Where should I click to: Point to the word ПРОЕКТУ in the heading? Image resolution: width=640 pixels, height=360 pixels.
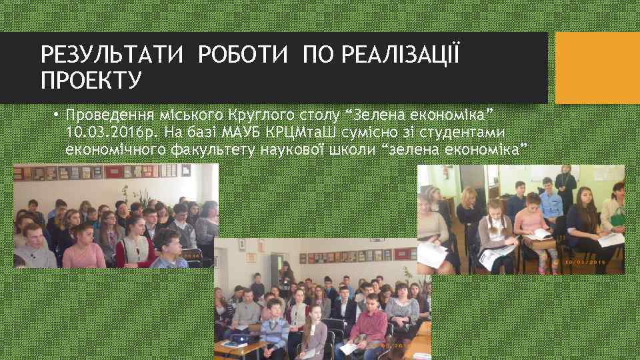point(91,81)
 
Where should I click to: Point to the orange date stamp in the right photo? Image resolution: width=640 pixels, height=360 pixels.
point(587,261)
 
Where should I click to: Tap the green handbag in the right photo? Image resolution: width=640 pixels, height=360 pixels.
point(617,217)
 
